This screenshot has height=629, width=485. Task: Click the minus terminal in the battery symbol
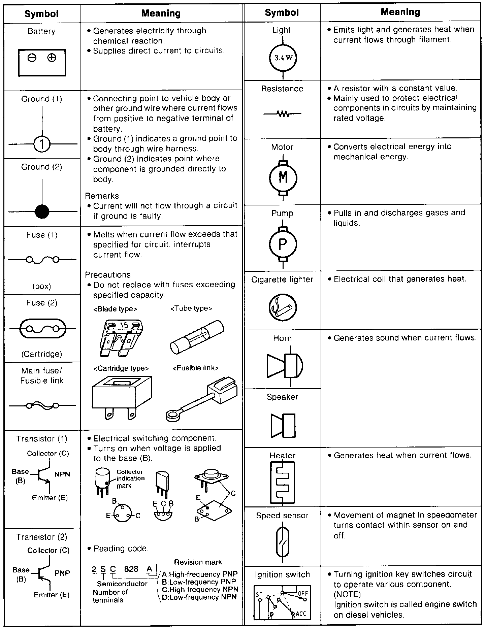(x=32, y=58)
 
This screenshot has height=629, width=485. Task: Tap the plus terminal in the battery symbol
(x=52, y=58)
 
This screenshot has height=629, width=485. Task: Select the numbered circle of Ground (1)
(x=42, y=144)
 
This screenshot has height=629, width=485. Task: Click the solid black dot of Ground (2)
(x=42, y=212)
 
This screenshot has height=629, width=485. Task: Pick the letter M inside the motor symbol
(x=283, y=177)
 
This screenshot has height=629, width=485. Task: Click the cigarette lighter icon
(x=283, y=308)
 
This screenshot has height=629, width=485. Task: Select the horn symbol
(x=285, y=365)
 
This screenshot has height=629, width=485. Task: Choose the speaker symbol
(x=283, y=425)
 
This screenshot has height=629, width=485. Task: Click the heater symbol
(x=282, y=482)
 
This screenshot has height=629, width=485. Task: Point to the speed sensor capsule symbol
(x=282, y=542)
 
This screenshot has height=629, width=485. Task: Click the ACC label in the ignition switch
(x=301, y=614)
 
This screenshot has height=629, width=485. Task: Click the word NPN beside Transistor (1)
(x=62, y=474)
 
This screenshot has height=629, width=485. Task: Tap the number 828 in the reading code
(x=131, y=569)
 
